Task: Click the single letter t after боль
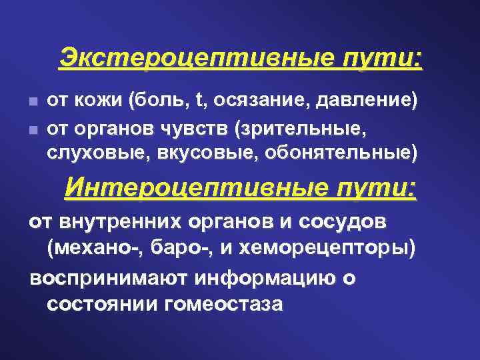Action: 200,101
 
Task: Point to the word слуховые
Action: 98,152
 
